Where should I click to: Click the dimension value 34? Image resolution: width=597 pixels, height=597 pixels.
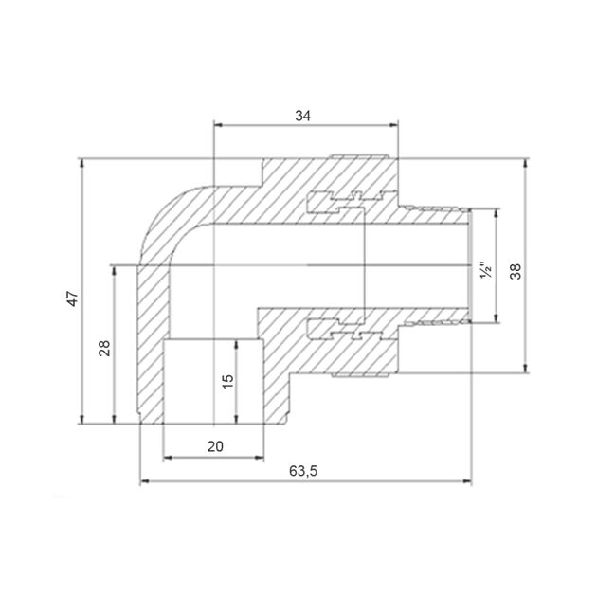click(x=302, y=116)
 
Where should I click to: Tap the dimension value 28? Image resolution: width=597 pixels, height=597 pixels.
click(x=104, y=348)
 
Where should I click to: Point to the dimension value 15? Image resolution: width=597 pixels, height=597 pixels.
click(x=227, y=381)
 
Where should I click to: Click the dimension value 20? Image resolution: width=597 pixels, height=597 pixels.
click(x=215, y=446)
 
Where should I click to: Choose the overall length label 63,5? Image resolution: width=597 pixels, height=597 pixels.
click(x=303, y=471)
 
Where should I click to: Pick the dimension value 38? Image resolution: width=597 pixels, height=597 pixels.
click(x=516, y=271)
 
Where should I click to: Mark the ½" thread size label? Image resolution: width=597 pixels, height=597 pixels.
click(x=486, y=270)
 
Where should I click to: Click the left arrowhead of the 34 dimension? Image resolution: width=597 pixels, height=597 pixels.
click(x=218, y=125)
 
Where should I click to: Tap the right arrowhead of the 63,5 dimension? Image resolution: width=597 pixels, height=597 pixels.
click(x=467, y=481)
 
